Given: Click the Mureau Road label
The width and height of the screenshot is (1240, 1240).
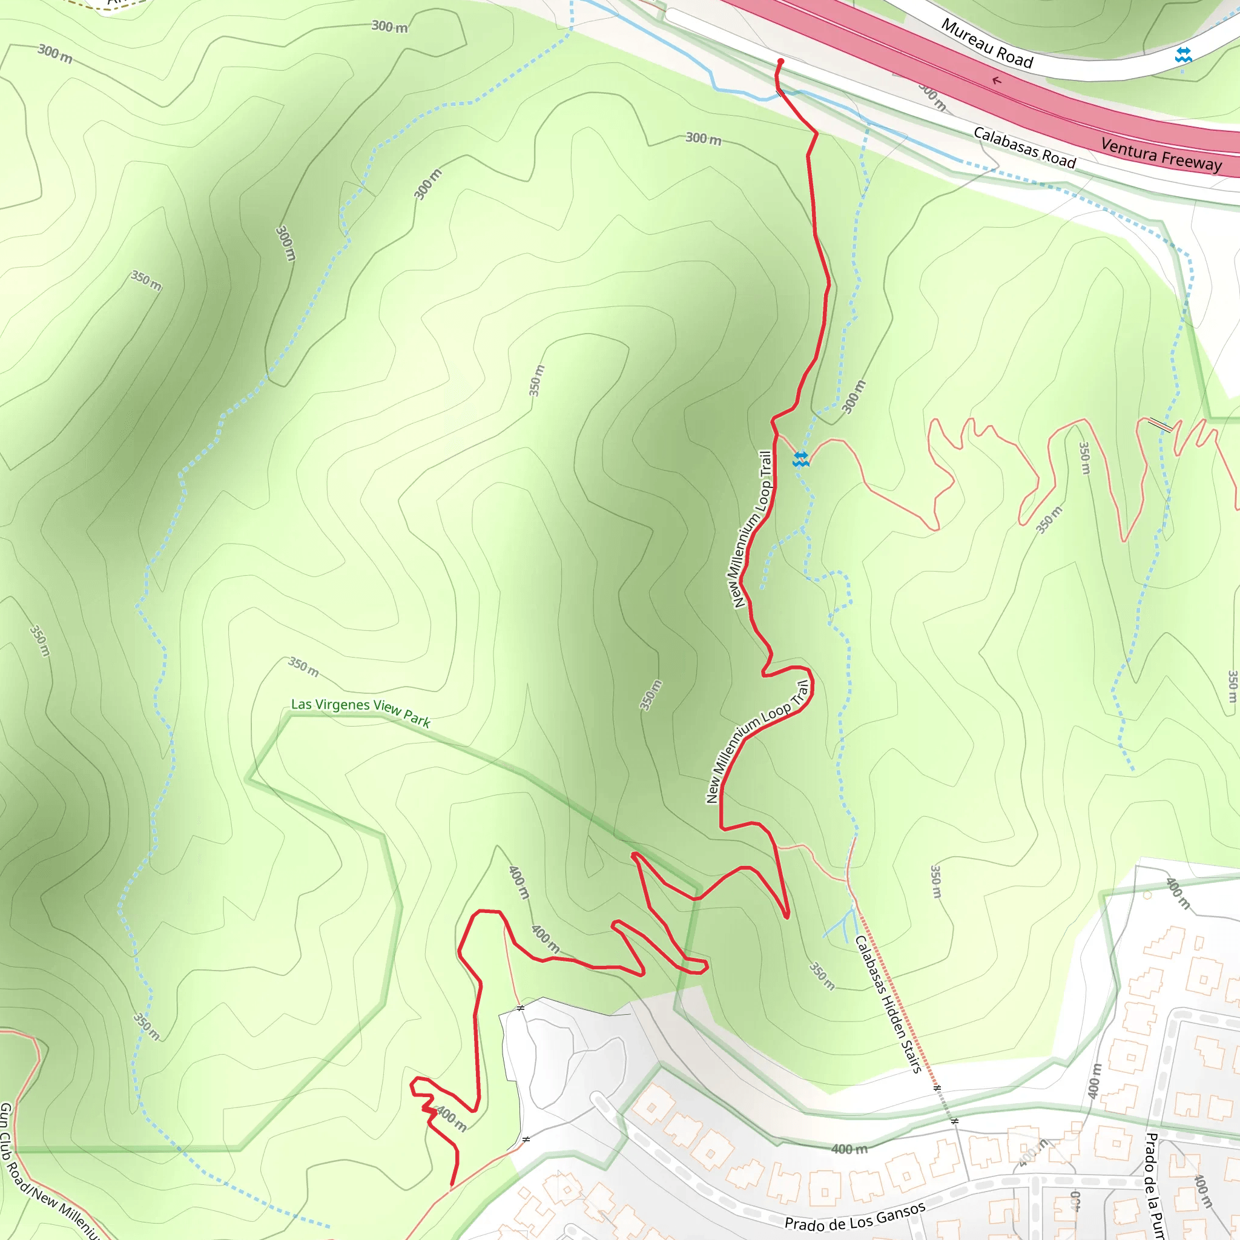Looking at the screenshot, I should (x=987, y=44).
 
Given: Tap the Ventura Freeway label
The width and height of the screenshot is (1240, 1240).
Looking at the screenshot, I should (x=1161, y=154).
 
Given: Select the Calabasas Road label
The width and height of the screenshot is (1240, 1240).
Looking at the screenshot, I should (x=1024, y=148).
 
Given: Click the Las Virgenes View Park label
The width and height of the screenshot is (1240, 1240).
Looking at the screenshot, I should (x=361, y=712).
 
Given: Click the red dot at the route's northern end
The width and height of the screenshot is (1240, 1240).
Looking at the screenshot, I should (x=780, y=62).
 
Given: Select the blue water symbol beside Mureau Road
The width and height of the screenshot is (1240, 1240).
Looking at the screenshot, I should (x=1183, y=55).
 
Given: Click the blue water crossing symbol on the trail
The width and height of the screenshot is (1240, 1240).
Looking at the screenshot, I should (x=800, y=459).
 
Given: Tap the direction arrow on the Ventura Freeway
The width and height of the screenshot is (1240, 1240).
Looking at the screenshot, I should (x=996, y=81).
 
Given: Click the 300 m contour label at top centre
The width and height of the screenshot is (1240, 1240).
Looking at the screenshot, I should (x=389, y=27).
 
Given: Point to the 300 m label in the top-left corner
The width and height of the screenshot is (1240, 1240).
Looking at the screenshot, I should (x=54, y=54).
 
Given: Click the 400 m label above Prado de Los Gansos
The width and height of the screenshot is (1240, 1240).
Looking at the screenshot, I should (x=849, y=1149).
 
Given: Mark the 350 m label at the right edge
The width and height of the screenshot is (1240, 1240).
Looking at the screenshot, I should (x=1231, y=686).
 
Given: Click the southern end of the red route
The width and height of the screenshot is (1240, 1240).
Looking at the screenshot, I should (x=452, y=1185).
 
